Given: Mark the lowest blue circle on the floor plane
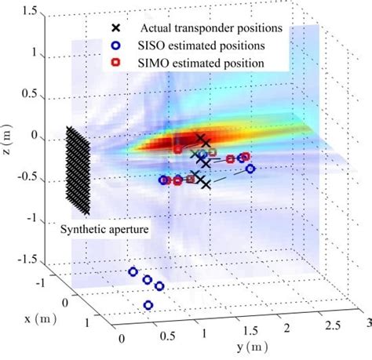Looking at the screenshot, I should pos(148,305).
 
